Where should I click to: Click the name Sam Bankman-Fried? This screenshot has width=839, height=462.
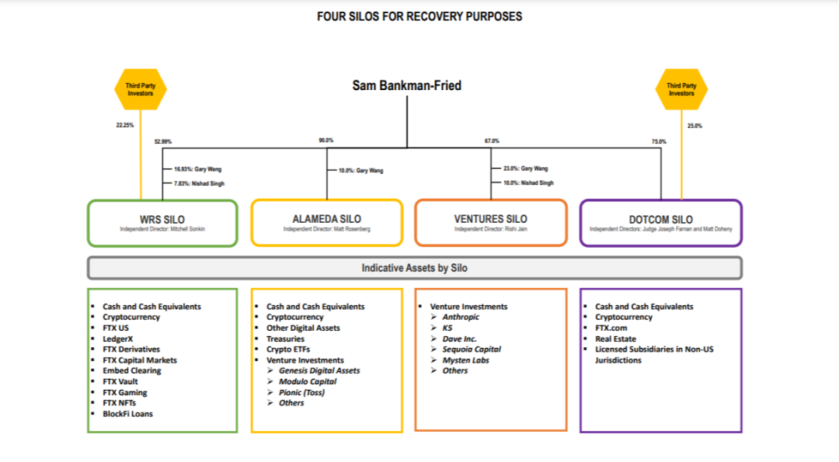pos(406,85)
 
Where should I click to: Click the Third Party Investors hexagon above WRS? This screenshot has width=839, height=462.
pos(140,89)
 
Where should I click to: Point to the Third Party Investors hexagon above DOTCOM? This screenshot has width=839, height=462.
pos(681,89)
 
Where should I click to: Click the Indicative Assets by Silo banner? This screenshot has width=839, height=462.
pos(415,268)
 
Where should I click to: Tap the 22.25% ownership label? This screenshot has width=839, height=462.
pos(125,125)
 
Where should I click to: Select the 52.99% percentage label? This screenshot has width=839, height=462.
pos(163,141)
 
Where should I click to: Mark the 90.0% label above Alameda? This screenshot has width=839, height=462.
pos(326,140)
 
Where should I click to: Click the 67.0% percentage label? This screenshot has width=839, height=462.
pos(492,141)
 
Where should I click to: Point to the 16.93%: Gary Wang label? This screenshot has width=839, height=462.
pos(197,169)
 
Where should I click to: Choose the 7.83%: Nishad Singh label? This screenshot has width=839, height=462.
pos(199,183)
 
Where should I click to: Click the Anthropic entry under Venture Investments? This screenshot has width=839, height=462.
pos(461,317)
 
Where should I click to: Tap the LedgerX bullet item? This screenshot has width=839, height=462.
pos(118,339)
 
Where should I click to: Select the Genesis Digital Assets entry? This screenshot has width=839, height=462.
pos(319,370)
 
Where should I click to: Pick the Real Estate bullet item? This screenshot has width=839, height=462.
pos(616,339)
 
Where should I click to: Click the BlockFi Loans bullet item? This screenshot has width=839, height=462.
pos(128,413)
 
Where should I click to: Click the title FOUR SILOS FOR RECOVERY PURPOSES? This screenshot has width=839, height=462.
pos(419,16)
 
